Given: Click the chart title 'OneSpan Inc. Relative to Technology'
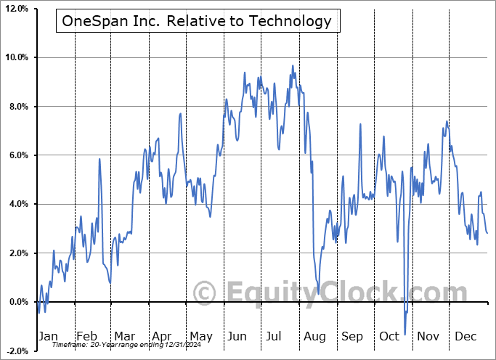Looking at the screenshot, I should [x=197, y=21].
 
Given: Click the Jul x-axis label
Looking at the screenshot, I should [x=274, y=336].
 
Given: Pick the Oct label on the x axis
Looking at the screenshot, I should [x=389, y=336].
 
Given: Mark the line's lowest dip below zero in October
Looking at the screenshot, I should [x=405, y=332].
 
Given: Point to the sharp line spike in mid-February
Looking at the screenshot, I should [x=99, y=159].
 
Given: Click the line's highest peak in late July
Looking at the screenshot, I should [x=293, y=66].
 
